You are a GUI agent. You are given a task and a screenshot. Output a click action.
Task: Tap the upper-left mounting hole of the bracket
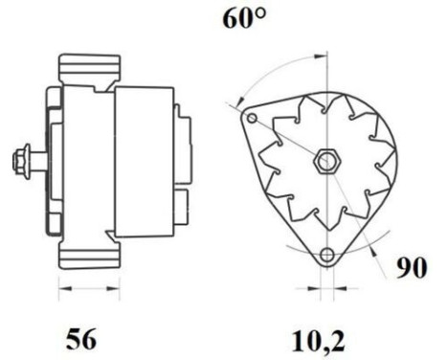252,119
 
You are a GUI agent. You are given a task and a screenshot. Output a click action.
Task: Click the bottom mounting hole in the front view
329,255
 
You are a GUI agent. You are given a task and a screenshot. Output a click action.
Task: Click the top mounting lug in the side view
92,73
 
